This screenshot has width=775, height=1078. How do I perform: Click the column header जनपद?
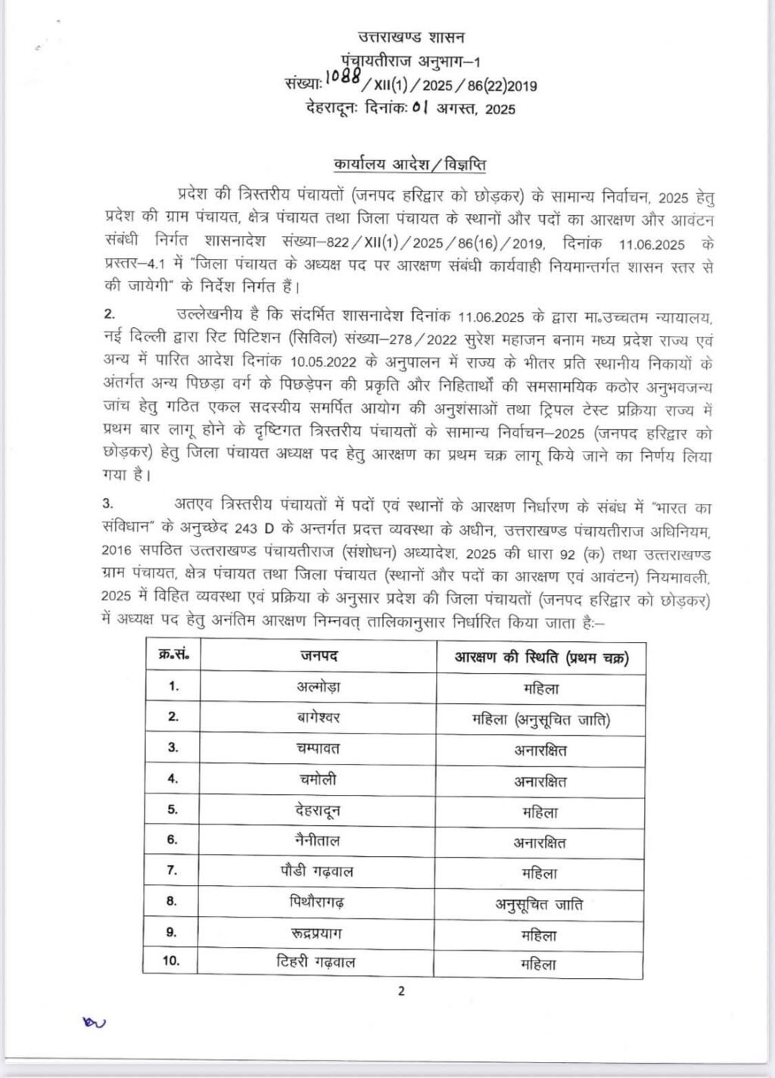tap(318, 656)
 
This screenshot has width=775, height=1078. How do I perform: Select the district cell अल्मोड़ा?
tap(318, 687)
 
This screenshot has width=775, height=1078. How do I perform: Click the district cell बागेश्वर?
tap(318, 717)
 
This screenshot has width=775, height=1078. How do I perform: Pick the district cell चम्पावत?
tap(318, 748)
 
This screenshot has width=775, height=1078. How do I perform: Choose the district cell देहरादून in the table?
tap(318, 810)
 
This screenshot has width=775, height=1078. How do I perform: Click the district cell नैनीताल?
tap(318, 840)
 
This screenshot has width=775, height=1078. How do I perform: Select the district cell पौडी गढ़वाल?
tap(318, 871)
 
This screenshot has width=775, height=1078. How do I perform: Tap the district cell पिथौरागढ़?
tap(318, 902)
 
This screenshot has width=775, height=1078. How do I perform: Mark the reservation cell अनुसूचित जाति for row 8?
tap(540, 904)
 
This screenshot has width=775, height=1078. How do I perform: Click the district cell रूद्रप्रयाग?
tap(318, 933)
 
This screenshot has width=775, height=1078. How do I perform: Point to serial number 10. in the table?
tap(172, 961)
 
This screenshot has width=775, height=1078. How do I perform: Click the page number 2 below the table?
tap(401, 991)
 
